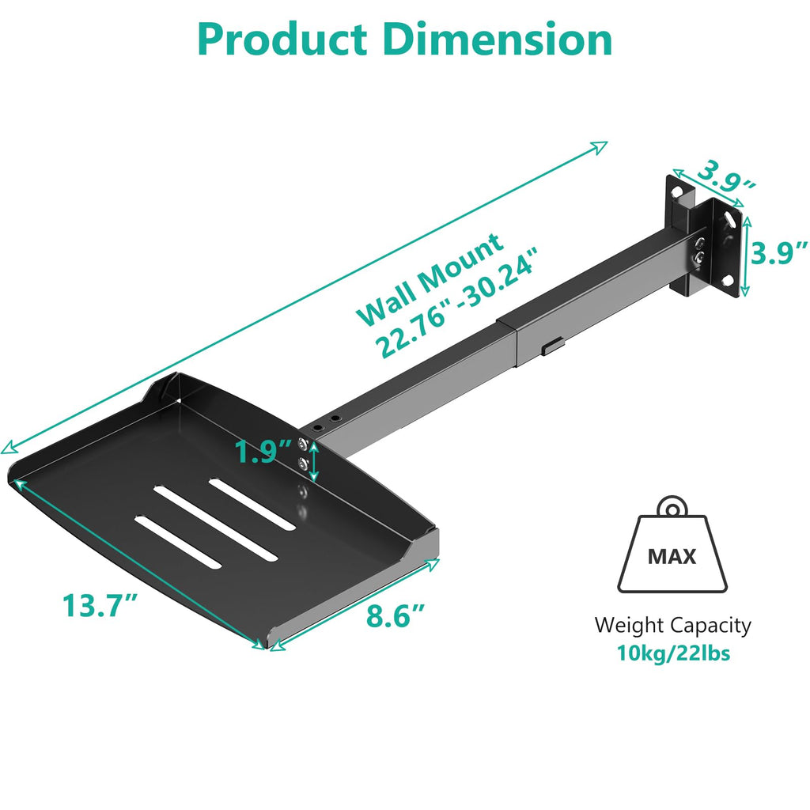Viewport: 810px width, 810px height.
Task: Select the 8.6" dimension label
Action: coord(396,615)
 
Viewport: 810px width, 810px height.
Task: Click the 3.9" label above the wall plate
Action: coord(717,175)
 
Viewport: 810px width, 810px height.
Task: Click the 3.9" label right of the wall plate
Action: coord(779,253)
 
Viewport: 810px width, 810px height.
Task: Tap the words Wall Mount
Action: coord(430,279)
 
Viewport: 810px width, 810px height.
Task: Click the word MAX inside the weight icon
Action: coord(672,556)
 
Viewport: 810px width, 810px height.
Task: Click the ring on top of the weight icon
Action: coord(672,506)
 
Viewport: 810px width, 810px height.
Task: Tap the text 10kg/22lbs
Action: coord(673,654)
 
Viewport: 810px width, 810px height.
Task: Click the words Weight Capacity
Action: coord(673,626)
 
